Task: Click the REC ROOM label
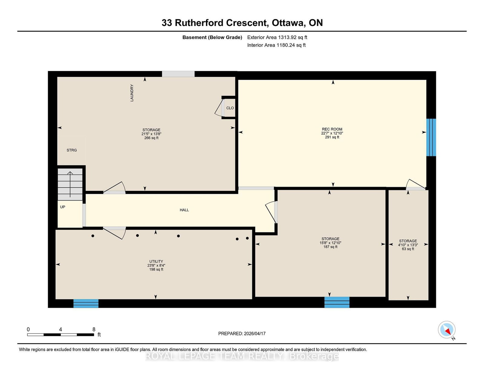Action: click(x=332, y=129)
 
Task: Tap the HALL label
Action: click(x=184, y=210)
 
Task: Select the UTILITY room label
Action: click(x=156, y=261)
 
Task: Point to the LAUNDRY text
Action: click(x=132, y=93)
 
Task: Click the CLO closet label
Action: click(x=230, y=108)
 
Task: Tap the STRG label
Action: click(x=72, y=150)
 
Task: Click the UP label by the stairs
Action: click(x=63, y=207)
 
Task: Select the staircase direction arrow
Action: click(x=70, y=184)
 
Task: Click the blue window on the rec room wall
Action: click(x=431, y=137)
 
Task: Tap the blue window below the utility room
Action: click(x=86, y=304)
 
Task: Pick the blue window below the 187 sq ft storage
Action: click(x=337, y=302)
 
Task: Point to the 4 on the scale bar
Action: click(x=60, y=330)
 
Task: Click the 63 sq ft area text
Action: click(x=408, y=249)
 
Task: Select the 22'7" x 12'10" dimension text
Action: click(x=332, y=133)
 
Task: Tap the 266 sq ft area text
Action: click(x=152, y=138)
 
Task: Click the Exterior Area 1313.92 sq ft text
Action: click(x=277, y=37)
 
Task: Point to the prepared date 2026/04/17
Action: click(x=255, y=333)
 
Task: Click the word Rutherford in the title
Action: click(x=199, y=23)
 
